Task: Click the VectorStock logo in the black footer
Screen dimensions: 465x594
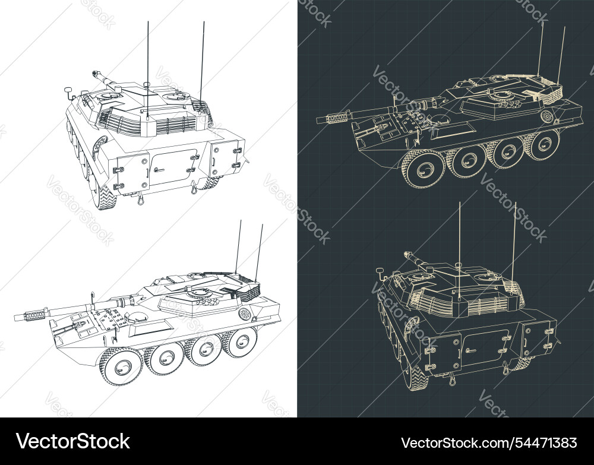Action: (x=73, y=441)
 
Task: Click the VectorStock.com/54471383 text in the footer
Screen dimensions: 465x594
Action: (x=488, y=442)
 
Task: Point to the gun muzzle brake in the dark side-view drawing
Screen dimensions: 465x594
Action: (x=337, y=118)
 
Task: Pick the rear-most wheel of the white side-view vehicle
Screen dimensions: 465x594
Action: (x=242, y=342)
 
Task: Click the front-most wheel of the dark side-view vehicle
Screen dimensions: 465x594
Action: (x=424, y=170)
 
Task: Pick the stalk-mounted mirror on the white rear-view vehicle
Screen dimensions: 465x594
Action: (x=68, y=91)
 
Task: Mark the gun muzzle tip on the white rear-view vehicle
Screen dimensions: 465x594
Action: (x=95, y=74)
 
